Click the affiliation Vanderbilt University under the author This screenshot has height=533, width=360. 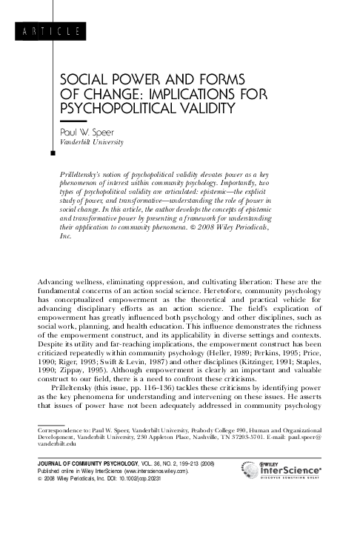coord(91,141)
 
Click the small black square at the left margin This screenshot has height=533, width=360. coord(50,154)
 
